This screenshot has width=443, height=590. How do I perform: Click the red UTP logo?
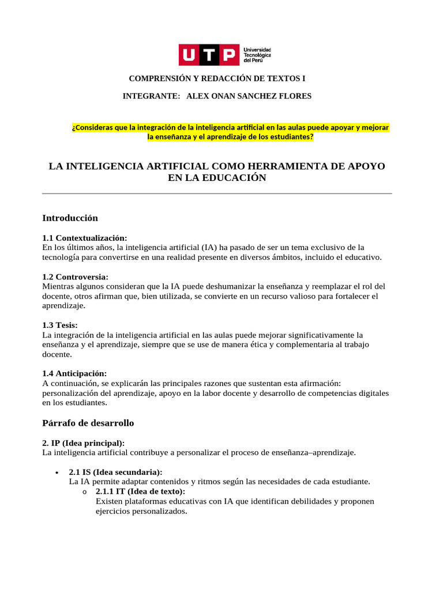tap(208, 55)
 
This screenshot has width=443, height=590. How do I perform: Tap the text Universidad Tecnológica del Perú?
tap(258, 55)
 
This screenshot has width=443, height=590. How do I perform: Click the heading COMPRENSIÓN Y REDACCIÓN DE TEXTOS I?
tap(217, 78)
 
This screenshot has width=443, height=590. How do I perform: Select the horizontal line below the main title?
tap(217, 194)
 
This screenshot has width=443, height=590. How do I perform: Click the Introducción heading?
tap(70, 218)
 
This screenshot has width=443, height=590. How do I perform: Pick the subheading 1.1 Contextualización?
tap(85, 238)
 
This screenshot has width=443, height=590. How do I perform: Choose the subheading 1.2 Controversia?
tap(76, 277)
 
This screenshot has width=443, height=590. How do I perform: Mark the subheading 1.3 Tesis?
tap(60, 325)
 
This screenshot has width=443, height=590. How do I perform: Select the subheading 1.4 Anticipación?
tap(74, 373)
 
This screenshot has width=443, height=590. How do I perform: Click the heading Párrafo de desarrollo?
tap(88, 423)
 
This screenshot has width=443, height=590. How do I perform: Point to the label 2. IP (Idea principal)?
tap(84, 442)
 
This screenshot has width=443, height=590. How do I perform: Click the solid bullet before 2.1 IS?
tap(56, 472)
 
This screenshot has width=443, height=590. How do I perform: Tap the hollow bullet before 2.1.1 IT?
tap(84, 492)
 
